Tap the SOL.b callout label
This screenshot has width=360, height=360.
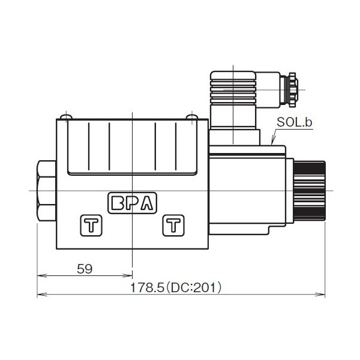pyautogui.click(x=295, y=123)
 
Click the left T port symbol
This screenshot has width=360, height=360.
pyautogui.click(x=91, y=226)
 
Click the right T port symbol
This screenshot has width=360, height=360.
pyautogui.click(x=173, y=226)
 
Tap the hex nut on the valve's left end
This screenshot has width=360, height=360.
pyautogui.click(x=47, y=190)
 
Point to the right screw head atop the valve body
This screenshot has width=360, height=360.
pyautogui.click(x=191, y=116)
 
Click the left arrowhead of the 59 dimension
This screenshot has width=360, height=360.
pyautogui.click(x=40, y=276)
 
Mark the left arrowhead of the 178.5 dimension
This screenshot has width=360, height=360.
pyautogui.click(x=40, y=295)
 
